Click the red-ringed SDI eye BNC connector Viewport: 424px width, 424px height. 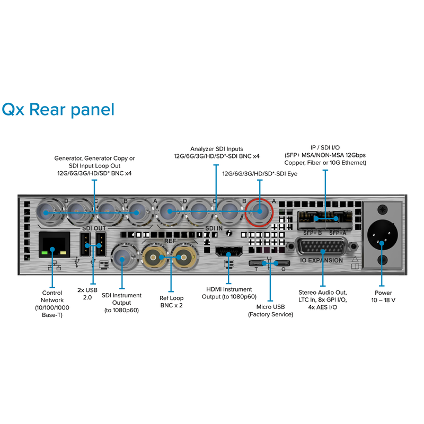[x=260, y=211]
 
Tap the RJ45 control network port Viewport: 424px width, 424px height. [x=53, y=245]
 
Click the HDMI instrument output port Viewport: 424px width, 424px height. [x=229, y=251]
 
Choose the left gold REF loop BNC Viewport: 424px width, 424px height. [x=154, y=258]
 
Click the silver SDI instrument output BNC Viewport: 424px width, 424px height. [x=122, y=259]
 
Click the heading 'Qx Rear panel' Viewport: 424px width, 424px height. [x=58, y=110]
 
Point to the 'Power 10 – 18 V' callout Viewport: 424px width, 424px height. [x=383, y=296]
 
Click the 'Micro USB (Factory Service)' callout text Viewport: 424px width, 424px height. [x=270, y=311]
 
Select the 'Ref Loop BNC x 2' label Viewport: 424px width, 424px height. [x=171, y=302]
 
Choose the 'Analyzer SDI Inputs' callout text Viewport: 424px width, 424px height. [x=217, y=152]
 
